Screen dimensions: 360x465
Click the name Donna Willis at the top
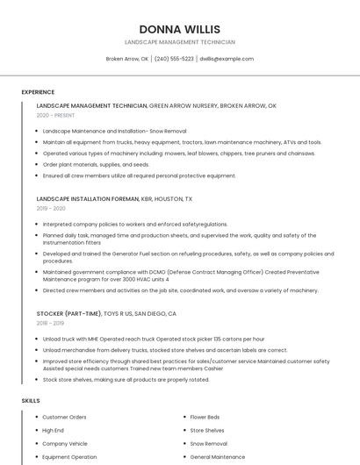(x=179, y=29)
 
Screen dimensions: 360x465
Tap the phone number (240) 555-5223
(x=174, y=59)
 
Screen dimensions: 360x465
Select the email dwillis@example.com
(x=226, y=59)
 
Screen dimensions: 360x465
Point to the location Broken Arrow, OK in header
(x=127, y=59)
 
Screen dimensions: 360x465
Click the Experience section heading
(x=38, y=91)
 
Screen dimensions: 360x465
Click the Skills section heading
(x=31, y=400)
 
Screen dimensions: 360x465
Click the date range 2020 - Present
(x=55, y=115)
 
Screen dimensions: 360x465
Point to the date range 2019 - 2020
(x=51, y=209)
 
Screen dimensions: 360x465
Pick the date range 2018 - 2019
(x=50, y=323)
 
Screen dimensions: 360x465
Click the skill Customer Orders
(x=64, y=417)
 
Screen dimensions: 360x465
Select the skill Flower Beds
(x=205, y=417)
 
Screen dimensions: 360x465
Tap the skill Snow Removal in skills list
(x=209, y=444)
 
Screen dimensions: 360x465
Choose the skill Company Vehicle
(x=65, y=444)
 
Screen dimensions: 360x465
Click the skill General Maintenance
(x=217, y=457)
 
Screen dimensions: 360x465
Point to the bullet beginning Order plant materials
(x=96, y=164)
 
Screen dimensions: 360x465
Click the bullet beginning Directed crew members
(x=180, y=290)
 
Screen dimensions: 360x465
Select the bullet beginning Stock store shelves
(x=126, y=380)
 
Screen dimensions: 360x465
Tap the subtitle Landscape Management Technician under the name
(x=179, y=42)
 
